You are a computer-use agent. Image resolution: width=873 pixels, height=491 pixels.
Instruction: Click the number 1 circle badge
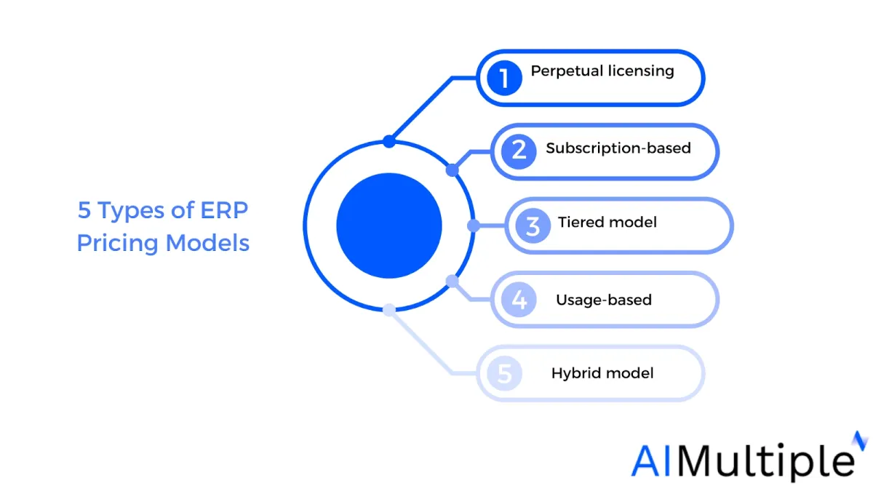(x=504, y=78)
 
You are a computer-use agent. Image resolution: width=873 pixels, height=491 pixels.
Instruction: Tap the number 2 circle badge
(x=519, y=151)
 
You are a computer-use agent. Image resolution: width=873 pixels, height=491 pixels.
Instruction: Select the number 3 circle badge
(x=533, y=225)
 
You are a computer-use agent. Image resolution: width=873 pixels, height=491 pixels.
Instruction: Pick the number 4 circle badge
(x=519, y=300)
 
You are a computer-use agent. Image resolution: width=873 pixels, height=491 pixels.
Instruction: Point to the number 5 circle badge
(x=504, y=373)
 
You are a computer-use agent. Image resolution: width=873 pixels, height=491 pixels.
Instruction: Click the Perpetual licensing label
(x=602, y=72)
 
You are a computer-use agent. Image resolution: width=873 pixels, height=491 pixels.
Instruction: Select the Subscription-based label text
(x=618, y=148)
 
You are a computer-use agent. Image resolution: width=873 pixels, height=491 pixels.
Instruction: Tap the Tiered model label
(x=607, y=222)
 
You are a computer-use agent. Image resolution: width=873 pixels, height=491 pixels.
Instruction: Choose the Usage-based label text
(x=604, y=300)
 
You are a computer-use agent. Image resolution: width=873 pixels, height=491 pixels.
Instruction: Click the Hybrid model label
(x=602, y=373)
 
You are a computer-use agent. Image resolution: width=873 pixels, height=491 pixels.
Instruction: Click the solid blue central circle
(x=389, y=225)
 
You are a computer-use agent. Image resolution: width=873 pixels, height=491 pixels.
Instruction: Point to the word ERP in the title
(x=224, y=210)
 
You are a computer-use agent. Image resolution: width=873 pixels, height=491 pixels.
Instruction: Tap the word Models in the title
(x=207, y=243)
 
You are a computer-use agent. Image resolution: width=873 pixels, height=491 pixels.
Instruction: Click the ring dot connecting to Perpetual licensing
(x=389, y=141)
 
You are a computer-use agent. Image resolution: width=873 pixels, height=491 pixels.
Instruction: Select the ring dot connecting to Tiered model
(x=474, y=225)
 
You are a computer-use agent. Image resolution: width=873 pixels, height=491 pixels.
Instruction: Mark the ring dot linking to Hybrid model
(x=389, y=310)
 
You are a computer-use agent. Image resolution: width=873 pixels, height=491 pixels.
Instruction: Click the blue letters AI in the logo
(x=651, y=461)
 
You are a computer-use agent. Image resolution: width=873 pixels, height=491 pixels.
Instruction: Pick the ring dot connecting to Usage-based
(x=452, y=282)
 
